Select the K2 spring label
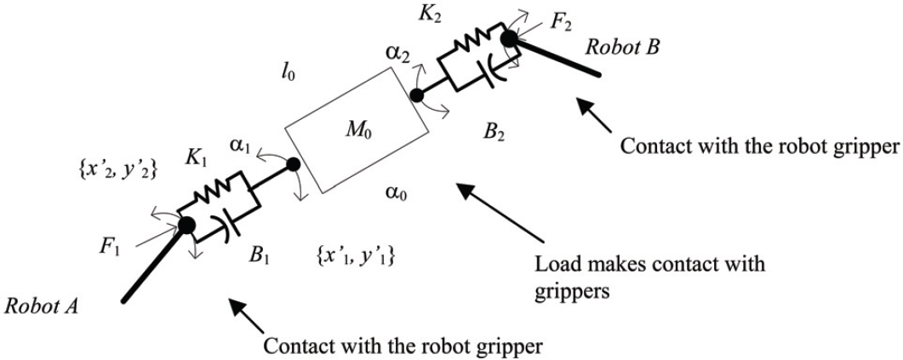(431, 14)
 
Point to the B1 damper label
(260, 254)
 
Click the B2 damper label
(494, 135)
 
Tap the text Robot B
(621, 47)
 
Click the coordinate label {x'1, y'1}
(355, 254)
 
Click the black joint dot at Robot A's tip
(186, 226)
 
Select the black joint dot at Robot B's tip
(509, 38)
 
